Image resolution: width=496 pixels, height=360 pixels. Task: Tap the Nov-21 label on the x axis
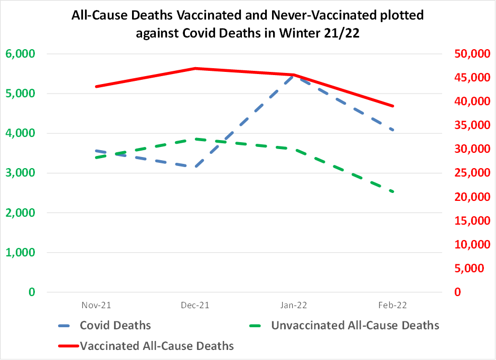96,306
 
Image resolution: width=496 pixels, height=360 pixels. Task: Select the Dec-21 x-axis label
195,306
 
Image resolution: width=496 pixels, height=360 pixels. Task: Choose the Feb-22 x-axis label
393,306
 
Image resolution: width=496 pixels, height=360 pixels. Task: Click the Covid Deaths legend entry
115,325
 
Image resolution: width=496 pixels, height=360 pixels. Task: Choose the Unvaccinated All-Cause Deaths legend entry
355,325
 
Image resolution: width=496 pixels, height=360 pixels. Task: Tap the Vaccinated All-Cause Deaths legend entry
156,346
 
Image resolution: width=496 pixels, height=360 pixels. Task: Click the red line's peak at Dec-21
195,68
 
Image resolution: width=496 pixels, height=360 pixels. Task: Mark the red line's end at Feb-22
393,106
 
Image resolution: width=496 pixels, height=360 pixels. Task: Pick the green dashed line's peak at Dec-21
195,139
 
